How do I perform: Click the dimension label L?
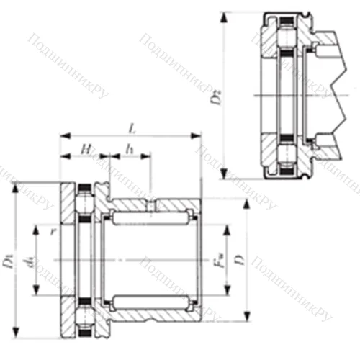coord(130,127)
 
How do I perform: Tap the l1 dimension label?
coord(130,148)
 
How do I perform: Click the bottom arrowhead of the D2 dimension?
coord(225,175)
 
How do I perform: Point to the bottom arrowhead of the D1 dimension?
coord(15,334)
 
